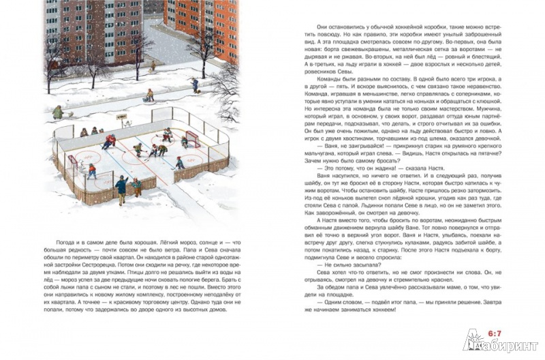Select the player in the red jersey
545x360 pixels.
coord(109,142)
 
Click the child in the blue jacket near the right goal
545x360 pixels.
coord(180,162)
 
